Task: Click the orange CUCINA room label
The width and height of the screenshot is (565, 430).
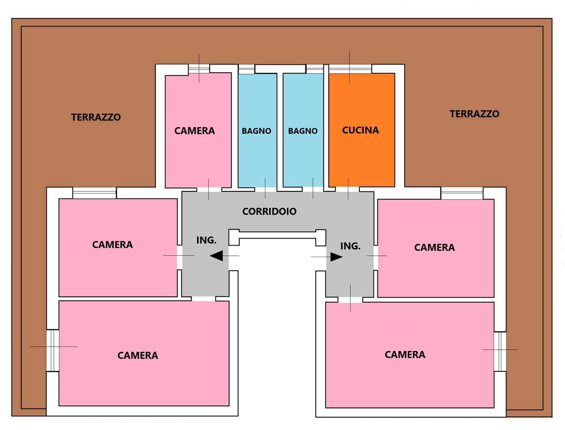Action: [360, 130]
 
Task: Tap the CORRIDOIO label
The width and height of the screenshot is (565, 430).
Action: [269, 211]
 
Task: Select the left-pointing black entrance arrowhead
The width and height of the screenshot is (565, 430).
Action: [216, 256]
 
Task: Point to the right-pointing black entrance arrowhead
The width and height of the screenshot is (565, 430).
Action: [337, 257]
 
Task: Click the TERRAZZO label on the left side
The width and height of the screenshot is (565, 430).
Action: [96, 117]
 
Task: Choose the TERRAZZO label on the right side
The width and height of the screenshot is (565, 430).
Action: [475, 114]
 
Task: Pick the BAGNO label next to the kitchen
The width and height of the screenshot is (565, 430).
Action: [303, 131]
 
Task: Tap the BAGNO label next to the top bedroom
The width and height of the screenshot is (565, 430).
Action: [256, 131]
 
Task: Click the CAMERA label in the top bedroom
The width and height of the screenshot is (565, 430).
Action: [195, 131]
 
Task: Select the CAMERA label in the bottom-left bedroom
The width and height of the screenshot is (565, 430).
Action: [138, 355]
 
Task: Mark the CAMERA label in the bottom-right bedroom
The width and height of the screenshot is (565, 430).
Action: [405, 355]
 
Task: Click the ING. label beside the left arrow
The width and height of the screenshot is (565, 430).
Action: [207, 240]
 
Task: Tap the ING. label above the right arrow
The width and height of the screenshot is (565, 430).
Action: [350, 246]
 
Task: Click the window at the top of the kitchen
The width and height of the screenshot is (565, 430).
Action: [350, 69]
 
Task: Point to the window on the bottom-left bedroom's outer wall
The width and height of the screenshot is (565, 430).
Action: [53, 351]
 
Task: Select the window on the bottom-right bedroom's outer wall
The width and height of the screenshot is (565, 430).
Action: [500, 351]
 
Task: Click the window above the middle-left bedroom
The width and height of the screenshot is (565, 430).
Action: [94, 193]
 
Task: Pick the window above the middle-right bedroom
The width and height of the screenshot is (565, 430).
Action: [462, 193]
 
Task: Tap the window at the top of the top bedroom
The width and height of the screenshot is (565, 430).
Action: [199, 69]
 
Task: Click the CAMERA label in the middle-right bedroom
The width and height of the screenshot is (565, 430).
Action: [434, 247]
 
